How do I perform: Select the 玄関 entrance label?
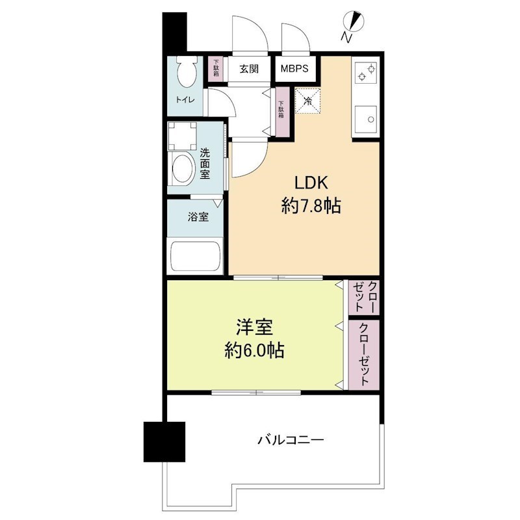click(x=248, y=68)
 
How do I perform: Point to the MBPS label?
click(x=295, y=68)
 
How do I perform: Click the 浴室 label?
click(x=198, y=217)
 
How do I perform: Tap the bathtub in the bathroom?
click(x=196, y=256)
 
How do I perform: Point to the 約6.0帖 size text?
click(x=254, y=351)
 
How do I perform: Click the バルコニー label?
click(x=290, y=440)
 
